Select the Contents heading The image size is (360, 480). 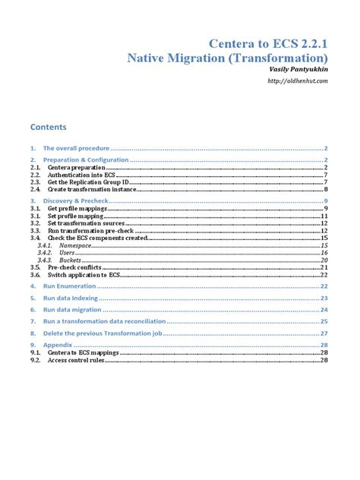tap(49, 127)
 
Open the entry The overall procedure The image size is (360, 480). tap(77, 148)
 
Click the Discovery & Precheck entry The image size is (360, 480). tap(76, 201)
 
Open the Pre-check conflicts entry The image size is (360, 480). tap(80, 267)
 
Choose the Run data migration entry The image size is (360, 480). tap(74, 310)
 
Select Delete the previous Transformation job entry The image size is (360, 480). tap(102, 333)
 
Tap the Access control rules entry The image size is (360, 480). tap(79, 360)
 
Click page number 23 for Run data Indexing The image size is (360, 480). tap(324, 298)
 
